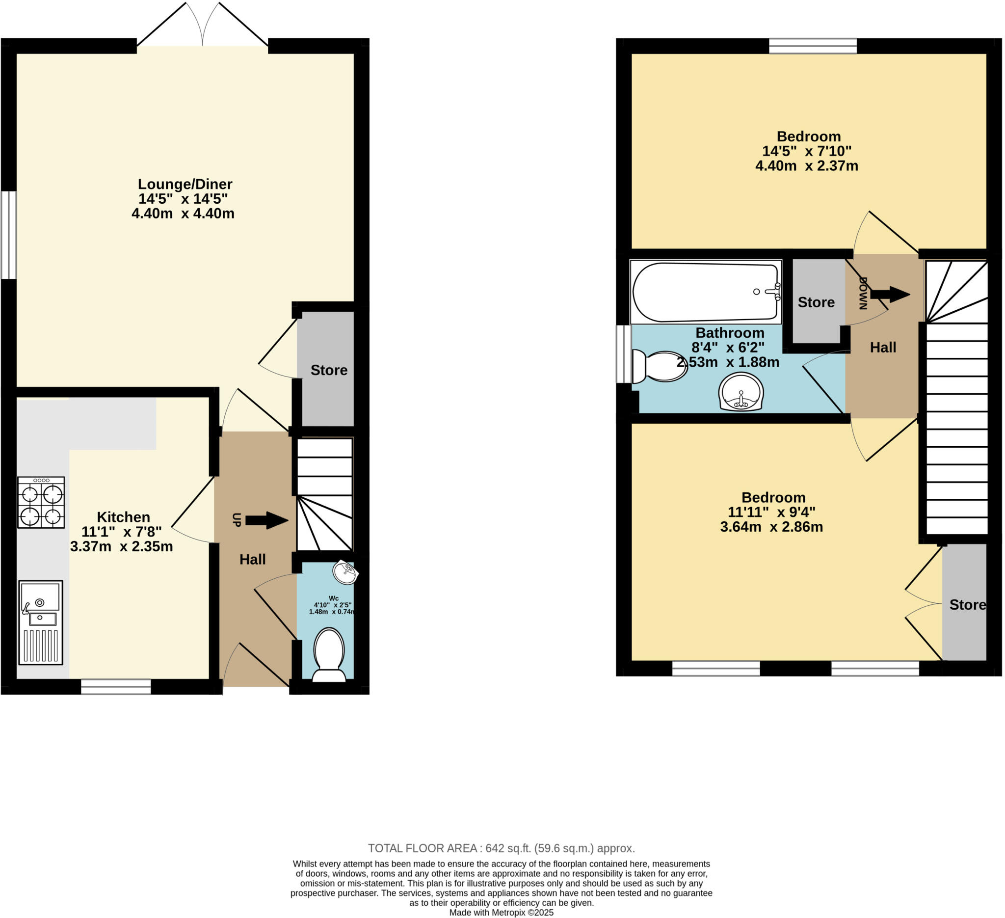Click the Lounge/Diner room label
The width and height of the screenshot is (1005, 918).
(185, 184)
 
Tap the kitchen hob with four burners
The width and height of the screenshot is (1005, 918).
(41, 503)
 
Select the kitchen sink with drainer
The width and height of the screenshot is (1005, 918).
(41, 622)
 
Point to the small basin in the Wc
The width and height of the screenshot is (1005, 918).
(345, 572)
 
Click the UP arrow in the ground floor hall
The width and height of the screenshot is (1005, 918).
(266, 520)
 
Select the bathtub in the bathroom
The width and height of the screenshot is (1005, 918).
(706, 292)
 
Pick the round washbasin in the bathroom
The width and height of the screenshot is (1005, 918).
(741, 392)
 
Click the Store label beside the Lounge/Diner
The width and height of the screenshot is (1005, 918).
(329, 370)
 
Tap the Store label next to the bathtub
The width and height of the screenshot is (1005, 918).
(816, 302)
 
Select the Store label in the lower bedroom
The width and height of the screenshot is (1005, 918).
(968, 605)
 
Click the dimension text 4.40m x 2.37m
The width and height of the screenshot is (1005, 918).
(807, 166)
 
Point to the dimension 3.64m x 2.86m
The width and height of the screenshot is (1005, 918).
(771, 527)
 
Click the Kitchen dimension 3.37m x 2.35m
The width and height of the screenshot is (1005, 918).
(122, 546)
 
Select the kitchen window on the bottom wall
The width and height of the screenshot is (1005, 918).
(116, 687)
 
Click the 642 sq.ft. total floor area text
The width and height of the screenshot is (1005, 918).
(501, 848)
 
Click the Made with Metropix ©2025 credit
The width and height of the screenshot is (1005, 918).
(501, 913)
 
